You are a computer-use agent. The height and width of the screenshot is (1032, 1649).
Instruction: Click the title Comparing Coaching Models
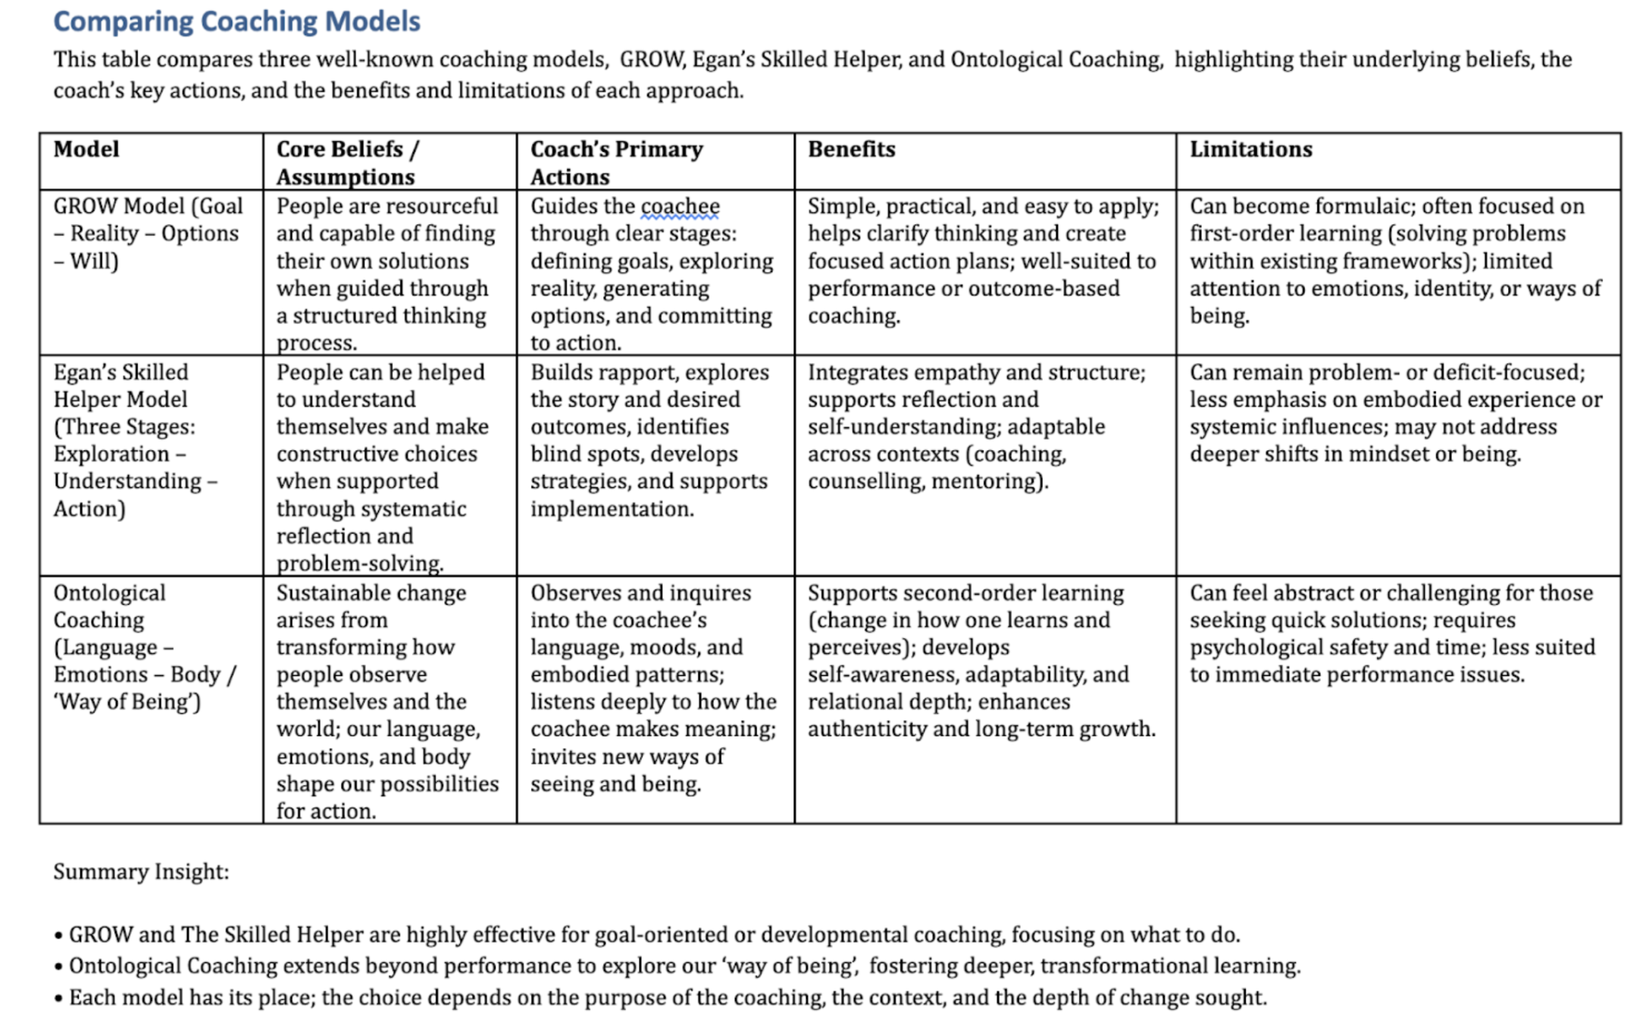tap(236, 21)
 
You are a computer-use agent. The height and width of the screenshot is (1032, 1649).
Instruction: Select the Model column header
tap(86, 149)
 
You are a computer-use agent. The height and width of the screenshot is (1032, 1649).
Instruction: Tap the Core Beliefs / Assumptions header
tap(346, 163)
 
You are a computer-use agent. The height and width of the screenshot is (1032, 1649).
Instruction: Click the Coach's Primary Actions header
tap(616, 163)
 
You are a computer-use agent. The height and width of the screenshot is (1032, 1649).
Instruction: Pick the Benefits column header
tap(851, 149)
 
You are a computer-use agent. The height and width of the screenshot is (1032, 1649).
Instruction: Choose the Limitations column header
tap(1250, 149)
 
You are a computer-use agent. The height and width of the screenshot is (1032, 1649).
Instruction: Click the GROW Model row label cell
tap(148, 233)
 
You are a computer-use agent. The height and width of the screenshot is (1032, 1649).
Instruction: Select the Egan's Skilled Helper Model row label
tap(135, 440)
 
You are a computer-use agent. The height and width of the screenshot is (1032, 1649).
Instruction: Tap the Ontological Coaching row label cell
tap(144, 647)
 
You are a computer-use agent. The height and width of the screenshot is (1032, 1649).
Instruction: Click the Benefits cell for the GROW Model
tap(983, 261)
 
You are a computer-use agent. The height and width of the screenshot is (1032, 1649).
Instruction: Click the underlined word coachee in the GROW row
tap(680, 206)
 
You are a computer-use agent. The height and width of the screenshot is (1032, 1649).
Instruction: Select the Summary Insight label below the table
tap(141, 872)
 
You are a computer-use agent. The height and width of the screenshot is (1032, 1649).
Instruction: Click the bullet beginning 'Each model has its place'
tap(667, 997)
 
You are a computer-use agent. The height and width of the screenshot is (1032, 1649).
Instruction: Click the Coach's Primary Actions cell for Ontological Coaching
tap(652, 688)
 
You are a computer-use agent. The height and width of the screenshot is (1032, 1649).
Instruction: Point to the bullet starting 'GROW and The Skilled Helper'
tap(653, 935)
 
